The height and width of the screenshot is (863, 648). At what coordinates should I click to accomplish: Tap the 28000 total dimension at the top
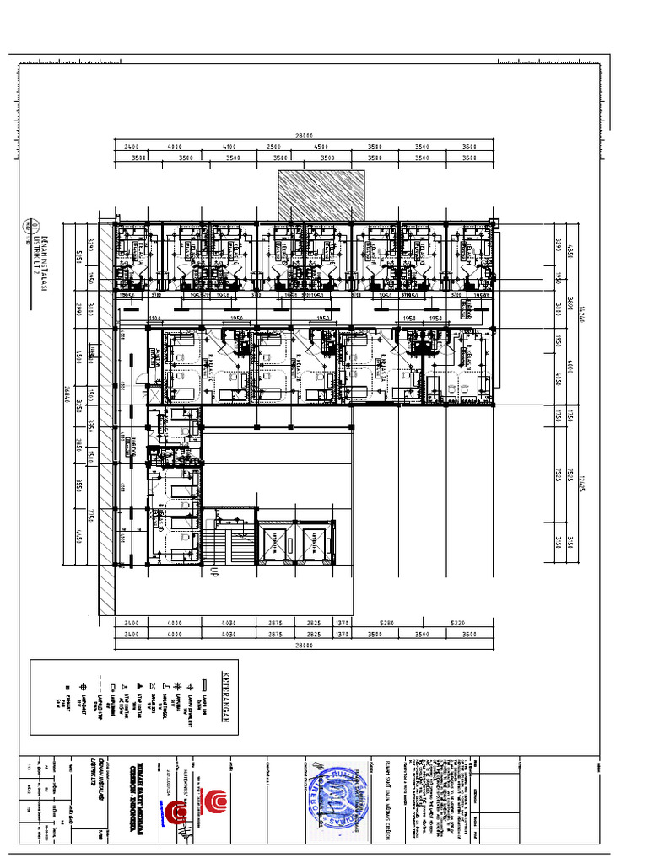tap(305, 136)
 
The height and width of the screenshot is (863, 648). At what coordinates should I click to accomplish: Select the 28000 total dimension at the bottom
tap(305, 646)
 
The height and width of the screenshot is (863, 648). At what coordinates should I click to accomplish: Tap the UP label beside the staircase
tap(213, 571)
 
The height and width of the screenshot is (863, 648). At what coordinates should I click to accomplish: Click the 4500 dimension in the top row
tap(322, 147)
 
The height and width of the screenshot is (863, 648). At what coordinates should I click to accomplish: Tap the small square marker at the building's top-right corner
tap(494, 223)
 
